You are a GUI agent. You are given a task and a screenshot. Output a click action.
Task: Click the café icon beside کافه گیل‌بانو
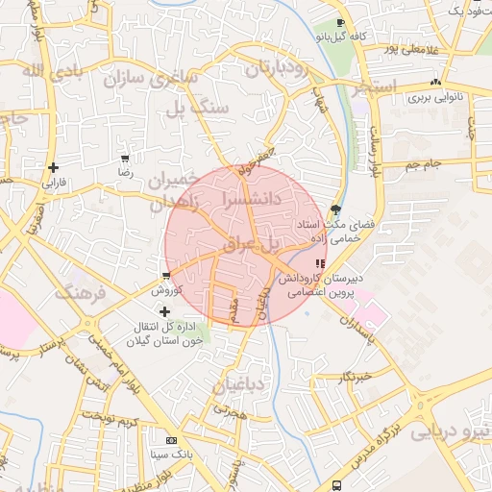point(340,23)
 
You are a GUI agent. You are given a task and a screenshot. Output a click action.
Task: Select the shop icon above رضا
point(125,158)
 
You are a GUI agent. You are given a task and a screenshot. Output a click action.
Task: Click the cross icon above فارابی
point(53,167)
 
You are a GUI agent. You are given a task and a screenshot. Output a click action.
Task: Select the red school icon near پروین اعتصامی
point(320,262)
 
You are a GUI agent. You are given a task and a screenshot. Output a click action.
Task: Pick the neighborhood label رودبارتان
point(280,69)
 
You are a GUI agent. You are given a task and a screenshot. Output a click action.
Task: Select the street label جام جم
point(422,164)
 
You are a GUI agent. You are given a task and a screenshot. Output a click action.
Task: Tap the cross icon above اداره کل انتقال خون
point(165,311)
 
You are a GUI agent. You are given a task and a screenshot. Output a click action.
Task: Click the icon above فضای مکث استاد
point(335,209)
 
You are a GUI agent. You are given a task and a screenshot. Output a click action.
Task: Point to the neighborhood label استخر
point(376,87)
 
